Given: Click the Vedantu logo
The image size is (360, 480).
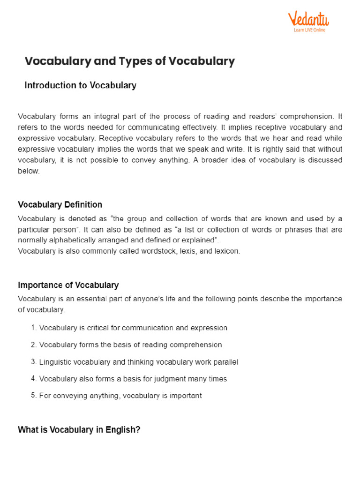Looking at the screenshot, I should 308,20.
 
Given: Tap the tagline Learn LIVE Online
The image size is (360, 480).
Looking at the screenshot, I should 309,30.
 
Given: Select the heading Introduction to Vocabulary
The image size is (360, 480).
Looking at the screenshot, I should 80,85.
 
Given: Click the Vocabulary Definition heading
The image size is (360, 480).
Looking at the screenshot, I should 60,205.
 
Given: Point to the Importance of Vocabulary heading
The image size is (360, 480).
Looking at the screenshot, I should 68,285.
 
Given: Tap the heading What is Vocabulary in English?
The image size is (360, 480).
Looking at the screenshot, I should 79,429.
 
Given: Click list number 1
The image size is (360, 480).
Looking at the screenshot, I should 34,328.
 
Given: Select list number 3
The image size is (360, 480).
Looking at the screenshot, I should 34,362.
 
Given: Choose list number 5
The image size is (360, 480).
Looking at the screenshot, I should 34,396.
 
